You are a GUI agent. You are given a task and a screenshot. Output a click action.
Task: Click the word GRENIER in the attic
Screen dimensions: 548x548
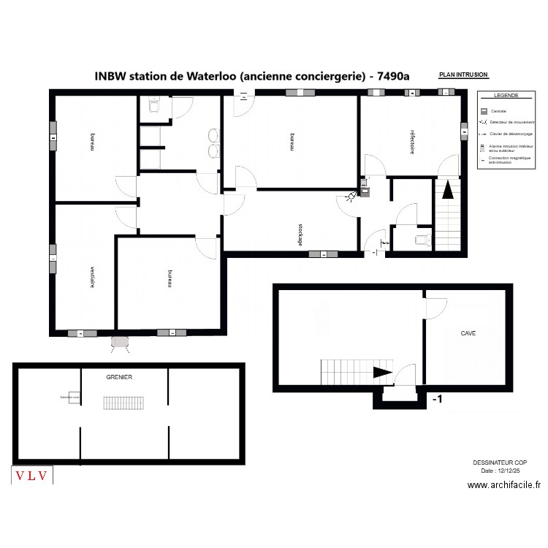click(x=118, y=377)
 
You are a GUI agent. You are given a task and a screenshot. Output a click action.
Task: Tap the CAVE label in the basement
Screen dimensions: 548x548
click(x=468, y=333)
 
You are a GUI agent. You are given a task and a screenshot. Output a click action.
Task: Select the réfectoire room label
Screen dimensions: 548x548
click(x=412, y=142)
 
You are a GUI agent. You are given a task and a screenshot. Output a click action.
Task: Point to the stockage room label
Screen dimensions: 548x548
click(x=300, y=234)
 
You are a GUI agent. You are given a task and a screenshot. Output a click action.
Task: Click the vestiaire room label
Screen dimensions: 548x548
click(x=92, y=276)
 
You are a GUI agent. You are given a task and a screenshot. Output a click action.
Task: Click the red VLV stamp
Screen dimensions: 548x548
click(x=32, y=476)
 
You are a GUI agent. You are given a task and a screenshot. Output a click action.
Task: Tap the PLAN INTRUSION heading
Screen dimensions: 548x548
click(x=463, y=75)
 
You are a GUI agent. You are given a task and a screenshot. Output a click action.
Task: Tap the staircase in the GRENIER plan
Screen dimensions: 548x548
click(x=119, y=403)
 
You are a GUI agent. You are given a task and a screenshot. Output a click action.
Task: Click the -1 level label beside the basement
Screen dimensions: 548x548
click(x=437, y=399)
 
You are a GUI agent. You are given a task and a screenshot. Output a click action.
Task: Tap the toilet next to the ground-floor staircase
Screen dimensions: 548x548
click(x=421, y=239)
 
